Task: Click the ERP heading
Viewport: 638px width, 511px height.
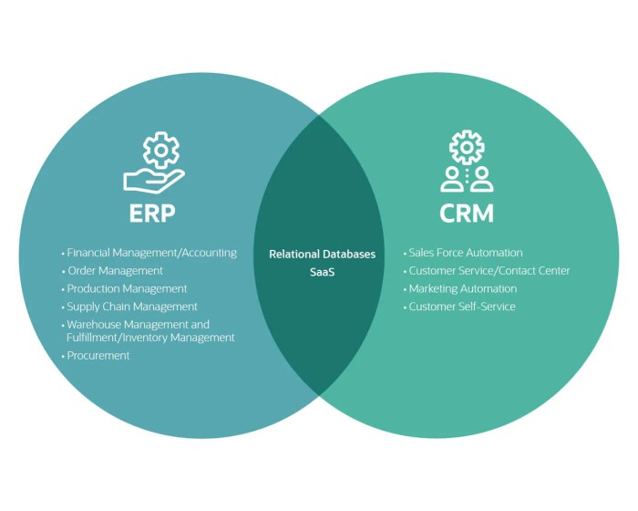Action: coord(153,214)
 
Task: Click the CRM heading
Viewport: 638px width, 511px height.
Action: coord(467,214)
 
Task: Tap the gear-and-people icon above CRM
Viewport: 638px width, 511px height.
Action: coord(467,162)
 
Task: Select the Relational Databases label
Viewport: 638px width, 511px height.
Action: coord(322,255)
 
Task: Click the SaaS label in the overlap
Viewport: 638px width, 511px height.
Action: coord(322,272)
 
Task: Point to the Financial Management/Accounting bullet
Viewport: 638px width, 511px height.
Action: coord(151,253)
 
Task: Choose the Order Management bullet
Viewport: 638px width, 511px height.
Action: coord(115,271)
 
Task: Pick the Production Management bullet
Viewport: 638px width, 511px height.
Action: coord(127,288)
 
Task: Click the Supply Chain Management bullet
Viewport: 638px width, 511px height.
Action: coord(132,307)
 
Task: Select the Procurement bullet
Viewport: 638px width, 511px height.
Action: coord(98,356)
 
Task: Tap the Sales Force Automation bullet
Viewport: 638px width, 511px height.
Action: coord(466,253)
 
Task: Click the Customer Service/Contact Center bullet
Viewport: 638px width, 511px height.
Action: coord(489,271)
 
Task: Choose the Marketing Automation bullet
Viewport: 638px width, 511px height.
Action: coord(463,288)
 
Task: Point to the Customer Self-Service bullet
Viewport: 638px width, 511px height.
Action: coord(462,307)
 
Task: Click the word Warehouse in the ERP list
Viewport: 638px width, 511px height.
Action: coord(95,325)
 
